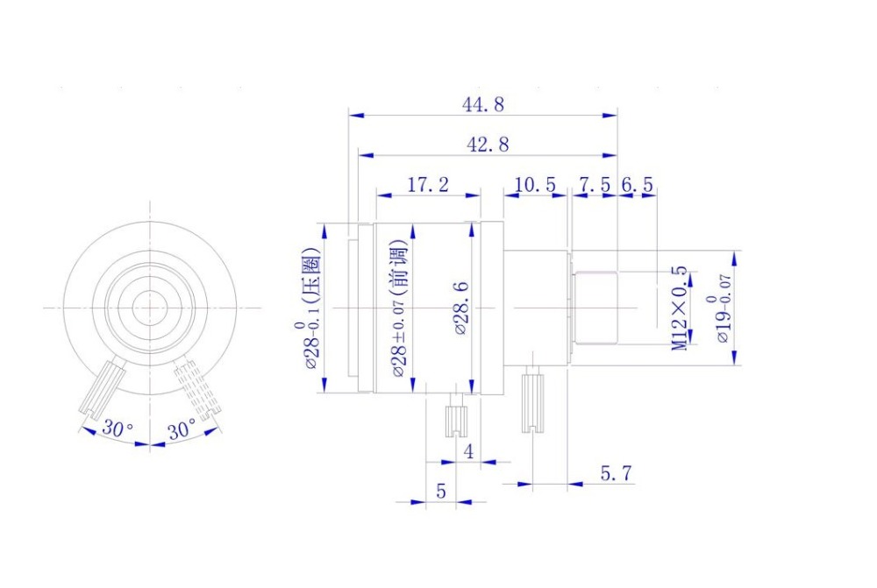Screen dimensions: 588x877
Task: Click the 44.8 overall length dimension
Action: [483, 104]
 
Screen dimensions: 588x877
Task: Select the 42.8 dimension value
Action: [488, 145]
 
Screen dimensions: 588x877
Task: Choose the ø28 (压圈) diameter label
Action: [312, 308]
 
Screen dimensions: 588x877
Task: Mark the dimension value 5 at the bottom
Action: [440, 492]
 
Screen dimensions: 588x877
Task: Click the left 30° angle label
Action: [118, 429]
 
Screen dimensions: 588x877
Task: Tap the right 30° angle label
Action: [182, 430]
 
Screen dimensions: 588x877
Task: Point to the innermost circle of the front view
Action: [150, 307]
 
